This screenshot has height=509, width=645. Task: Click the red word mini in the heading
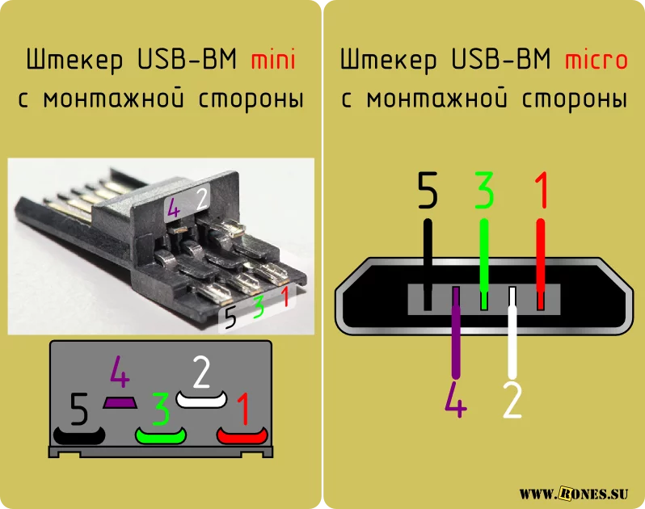point(273,60)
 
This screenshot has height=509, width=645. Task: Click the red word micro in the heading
point(596,60)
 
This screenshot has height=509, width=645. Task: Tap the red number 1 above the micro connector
point(541,190)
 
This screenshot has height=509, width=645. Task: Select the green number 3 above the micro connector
point(484,190)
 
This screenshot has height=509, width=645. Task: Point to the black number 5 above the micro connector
point(428,190)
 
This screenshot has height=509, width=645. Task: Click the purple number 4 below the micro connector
point(456,400)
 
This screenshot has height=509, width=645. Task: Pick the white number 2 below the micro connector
point(512,400)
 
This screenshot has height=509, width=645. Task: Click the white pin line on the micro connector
point(512,333)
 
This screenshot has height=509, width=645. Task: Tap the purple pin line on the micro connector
point(456,333)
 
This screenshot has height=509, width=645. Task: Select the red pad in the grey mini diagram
point(242,435)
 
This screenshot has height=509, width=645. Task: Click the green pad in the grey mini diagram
point(161,435)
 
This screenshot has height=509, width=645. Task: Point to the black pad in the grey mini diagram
point(79,435)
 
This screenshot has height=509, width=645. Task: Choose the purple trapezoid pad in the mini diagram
point(120,402)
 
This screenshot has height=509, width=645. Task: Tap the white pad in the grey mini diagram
point(201,400)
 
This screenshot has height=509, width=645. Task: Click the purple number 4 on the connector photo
point(174,210)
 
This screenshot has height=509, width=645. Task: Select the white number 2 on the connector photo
point(201,200)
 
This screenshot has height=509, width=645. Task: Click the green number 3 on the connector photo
point(259,307)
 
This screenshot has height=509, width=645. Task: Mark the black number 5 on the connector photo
point(230,318)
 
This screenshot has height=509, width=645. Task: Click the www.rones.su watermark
point(573,493)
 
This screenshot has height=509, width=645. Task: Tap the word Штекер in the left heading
point(74,61)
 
